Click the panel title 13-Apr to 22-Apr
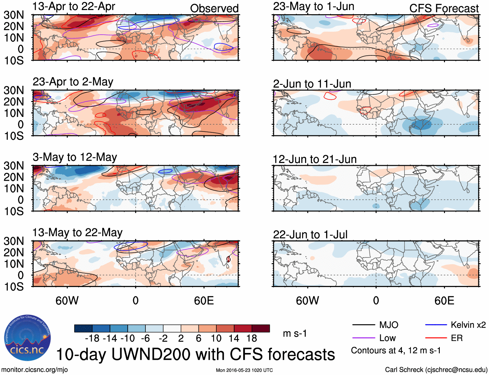click(74, 7)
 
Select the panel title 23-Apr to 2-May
click(73, 82)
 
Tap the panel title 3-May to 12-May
click(75, 157)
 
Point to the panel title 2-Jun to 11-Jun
click(312, 84)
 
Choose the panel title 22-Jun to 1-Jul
click(310, 235)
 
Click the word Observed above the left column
click(214, 8)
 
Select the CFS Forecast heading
click(444, 8)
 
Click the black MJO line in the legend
click(363, 325)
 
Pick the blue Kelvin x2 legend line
click(436, 325)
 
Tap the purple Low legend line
click(363, 338)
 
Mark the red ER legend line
click(436, 338)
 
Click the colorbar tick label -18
click(92, 338)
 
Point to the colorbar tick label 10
click(216, 338)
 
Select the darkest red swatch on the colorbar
click(261, 328)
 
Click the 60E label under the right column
click(444, 301)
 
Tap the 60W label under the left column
click(67, 301)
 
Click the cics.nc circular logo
click(27, 338)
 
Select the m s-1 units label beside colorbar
click(295, 334)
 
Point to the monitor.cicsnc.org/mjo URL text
click(35, 370)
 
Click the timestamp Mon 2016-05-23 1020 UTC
click(244, 370)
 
